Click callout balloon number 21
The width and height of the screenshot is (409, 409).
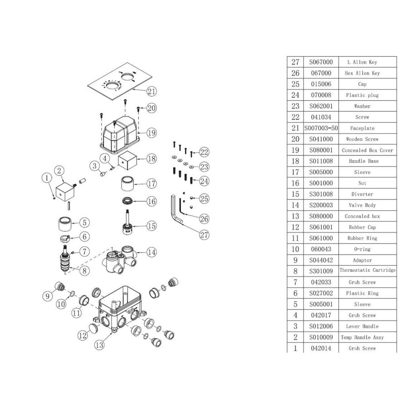pyautogui.click(x=152, y=91)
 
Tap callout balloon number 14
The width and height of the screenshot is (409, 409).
pyautogui.click(x=152, y=252)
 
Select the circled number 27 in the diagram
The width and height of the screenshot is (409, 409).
pyautogui.click(x=204, y=234)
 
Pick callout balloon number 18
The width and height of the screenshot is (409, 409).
pyautogui.click(x=152, y=159)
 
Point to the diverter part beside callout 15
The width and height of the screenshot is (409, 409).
pyautogui.click(x=130, y=223)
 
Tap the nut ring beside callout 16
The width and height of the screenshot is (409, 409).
pyautogui.click(x=129, y=201)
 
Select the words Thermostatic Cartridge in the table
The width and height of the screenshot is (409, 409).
pyautogui.click(x=367, y=271)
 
